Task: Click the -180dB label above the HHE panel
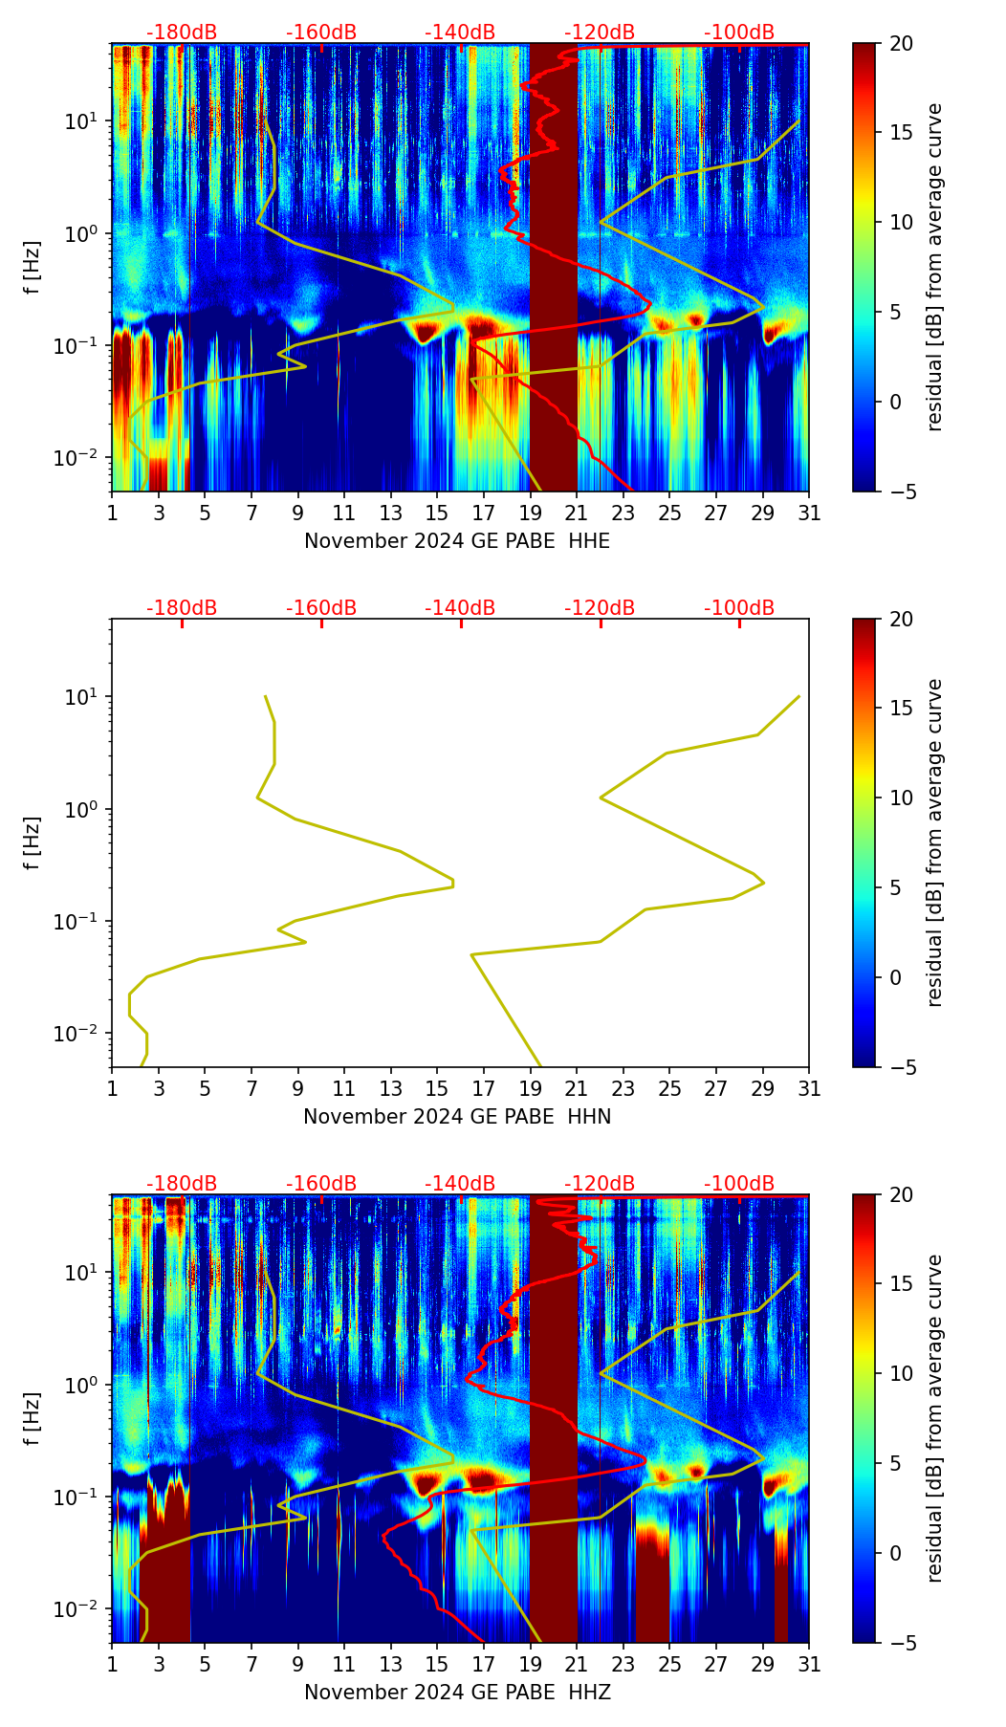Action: click(182, 33)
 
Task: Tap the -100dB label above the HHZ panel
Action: click(739, 1184)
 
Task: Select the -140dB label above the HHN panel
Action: click(460, 608)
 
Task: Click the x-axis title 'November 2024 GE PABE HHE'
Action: click(457, 541)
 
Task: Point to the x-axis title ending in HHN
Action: click(457, 1117)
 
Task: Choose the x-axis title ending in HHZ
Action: click(457, 1693)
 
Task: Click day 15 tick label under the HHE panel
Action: click(437, 514)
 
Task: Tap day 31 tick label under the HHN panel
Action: click(809, 1089)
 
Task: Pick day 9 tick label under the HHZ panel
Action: click(297, 1665)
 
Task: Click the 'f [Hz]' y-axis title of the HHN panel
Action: click(33, 842)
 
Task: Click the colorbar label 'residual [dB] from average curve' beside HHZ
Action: click(934, 1418)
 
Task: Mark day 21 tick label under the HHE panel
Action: click(577, 514)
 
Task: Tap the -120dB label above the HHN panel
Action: click(600, 608)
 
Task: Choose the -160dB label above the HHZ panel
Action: click(321, 1184)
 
